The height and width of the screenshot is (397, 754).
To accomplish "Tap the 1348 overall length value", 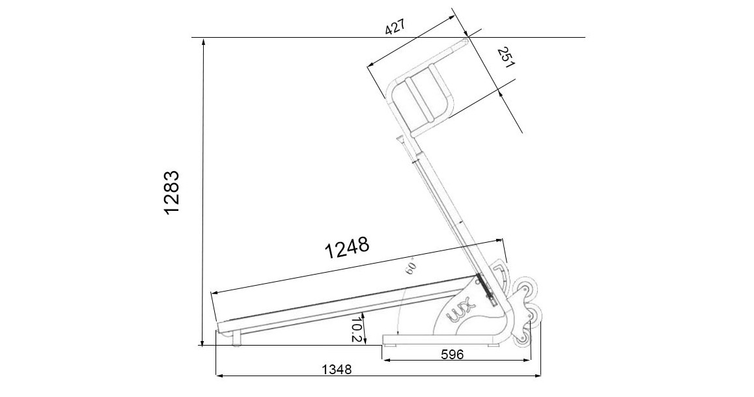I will (336, 370).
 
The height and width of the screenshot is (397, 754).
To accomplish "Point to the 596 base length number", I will (451, 354).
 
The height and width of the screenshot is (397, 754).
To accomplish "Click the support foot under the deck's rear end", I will (236, 338).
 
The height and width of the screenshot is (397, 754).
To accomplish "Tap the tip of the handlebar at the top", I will (466, 42).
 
